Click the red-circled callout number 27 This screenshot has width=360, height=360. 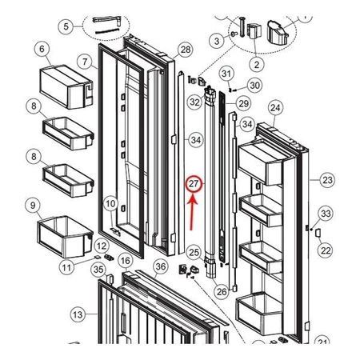coord(194,184)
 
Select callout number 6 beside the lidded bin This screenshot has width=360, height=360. coord(42,50)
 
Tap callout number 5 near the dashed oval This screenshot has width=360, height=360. coord(66,26)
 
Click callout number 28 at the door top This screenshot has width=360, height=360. coord(186,50)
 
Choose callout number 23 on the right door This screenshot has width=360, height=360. coord(327,180)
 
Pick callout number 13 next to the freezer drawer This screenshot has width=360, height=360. coord(78,314)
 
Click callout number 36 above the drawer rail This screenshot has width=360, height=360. coord(161,266)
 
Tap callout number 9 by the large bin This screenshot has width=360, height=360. coord(33,206)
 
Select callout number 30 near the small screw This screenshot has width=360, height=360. coord(254,86)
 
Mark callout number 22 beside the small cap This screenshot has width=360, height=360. coord(326,250)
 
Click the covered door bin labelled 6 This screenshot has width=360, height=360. coord(66,86)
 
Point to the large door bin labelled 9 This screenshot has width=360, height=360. coord(66,237)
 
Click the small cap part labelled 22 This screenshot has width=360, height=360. coord(318,233)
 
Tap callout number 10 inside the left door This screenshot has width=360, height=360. coord(110,204)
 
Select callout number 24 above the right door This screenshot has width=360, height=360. coord(275,108)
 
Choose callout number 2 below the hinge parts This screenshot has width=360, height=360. coord(257,65)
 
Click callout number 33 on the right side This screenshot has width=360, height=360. coord(326,214)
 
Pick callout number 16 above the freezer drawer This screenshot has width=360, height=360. coord(126,261)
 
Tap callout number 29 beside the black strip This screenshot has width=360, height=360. coord(243,103)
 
